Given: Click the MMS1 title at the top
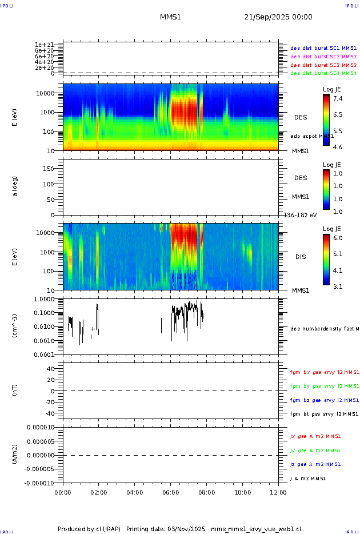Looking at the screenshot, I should [x=170, y=17].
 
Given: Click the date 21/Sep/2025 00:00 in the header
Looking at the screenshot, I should [x=278, y=17].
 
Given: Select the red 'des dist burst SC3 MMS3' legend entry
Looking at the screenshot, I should [x=323, y=65].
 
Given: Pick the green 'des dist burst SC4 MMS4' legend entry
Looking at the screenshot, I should [x=323, y=73].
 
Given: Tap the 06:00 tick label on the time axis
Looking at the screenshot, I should [x=171, y=492].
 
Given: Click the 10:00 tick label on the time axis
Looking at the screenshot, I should [x=243, y=492].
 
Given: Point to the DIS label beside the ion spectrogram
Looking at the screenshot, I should [x=301, y=257].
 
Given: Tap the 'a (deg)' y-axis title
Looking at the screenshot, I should [x=15, y=186].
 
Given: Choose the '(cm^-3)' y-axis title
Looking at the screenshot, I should [x=15, y=326].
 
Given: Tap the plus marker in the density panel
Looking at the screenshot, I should [x=93, y=329].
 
